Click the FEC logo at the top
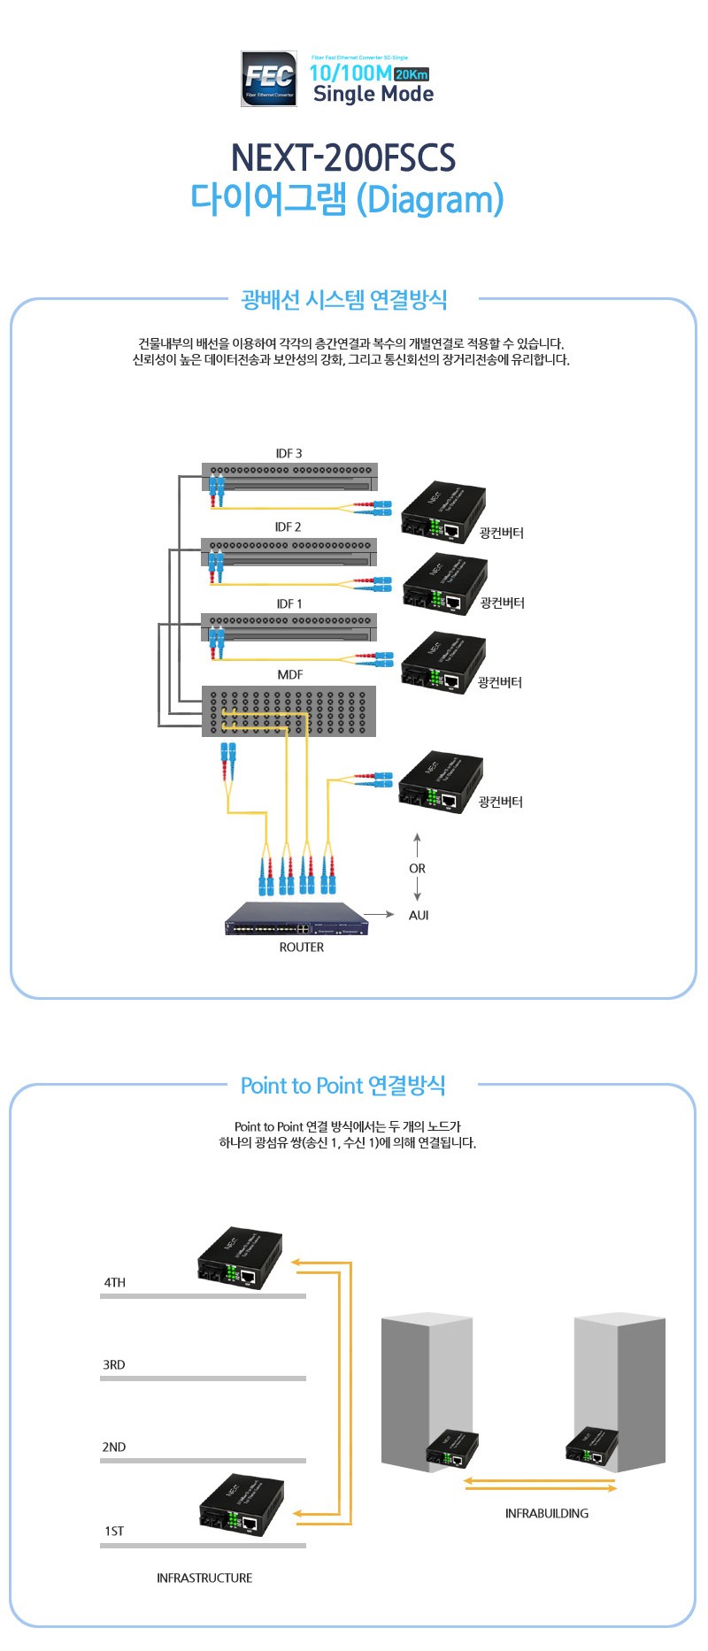pos(269,79)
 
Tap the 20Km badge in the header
pos(412,74)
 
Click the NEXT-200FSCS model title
pos(343,157)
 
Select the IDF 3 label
pos(289,453)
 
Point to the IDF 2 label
pos(288,526)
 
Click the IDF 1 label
pos(289,603)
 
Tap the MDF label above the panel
pos(289,674)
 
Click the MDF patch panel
pos(289,711)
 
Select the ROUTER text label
pos(301,947)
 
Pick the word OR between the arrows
pos(417,869)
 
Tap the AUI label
pos(419,915)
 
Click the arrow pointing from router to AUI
pos(379,914)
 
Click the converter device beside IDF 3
pos(443,512)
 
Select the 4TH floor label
pos(115,1282)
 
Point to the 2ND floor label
pos(114,1447)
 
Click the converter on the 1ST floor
pos(242,1505)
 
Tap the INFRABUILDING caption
pos(546,1513)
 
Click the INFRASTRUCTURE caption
pos(204,1578)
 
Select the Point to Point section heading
pos(343,1086)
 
